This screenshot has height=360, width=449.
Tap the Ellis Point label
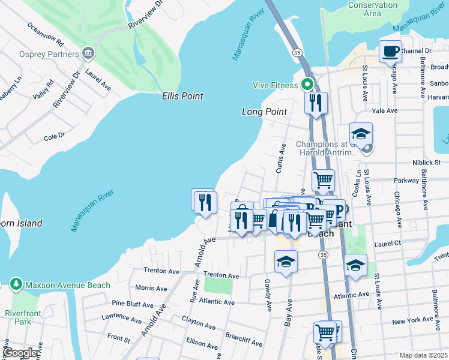[x=182, y=96]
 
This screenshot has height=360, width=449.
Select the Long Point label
[x=264, y=112]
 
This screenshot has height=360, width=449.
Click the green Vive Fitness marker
[x=307, y=85]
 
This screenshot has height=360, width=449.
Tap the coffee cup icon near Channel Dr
[x=390, y=52]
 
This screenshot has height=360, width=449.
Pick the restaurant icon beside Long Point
[x=316, y=103]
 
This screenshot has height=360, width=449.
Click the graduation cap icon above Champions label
[x=361, y=134]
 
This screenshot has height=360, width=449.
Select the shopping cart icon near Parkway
[x=323, y=179]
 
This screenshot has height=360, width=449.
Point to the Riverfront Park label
[x=17, y=317]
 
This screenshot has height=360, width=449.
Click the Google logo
[x=20, y=353]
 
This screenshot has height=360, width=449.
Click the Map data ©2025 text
[x=423, y=355]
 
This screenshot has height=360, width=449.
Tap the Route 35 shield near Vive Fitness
[x=297, y=53]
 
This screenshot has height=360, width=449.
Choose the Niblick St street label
[x=427, y=162]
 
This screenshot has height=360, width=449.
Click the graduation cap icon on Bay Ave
[x=286, y=262]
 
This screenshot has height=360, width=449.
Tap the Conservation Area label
[x=372, y=9]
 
